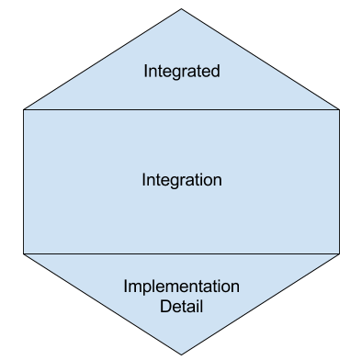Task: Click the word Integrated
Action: [182, 71]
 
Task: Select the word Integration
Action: [182, 180]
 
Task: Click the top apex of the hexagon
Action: [182, 9]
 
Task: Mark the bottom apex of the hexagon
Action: [182, 353]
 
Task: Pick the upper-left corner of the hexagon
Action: [24, 109]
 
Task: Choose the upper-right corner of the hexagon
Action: [339, 109]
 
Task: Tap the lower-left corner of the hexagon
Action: [24, 253]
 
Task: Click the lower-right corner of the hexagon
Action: [339, 253]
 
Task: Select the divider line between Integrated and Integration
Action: [182, 109]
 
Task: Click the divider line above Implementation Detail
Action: [182, 253]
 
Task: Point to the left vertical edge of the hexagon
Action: [24, 181]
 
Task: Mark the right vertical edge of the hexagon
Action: [339, 181]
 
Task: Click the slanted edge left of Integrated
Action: [103, 60]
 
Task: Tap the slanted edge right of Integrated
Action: [261, 60]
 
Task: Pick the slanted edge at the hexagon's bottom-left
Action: [103, 303]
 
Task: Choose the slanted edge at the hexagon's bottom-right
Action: [261, 303]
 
